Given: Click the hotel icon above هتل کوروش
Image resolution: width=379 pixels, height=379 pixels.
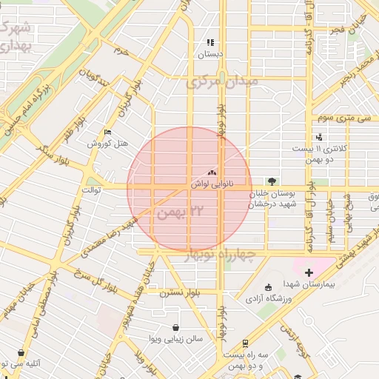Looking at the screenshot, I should [108, 133].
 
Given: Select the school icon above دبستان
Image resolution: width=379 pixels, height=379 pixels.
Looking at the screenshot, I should [211, 43].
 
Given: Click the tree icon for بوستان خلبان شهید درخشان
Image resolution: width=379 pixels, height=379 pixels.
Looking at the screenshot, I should [272, 181].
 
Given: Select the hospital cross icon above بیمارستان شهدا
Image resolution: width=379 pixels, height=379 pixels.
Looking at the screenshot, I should [309, 273].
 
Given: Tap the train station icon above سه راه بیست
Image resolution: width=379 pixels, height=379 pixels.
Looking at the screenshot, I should [244, 343].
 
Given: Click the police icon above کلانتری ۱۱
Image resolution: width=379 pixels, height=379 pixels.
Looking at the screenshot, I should [319, 136].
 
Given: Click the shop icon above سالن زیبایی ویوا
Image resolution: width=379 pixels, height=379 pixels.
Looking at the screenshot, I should [175, 328].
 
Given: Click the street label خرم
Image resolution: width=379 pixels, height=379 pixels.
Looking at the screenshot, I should [121, 51].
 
